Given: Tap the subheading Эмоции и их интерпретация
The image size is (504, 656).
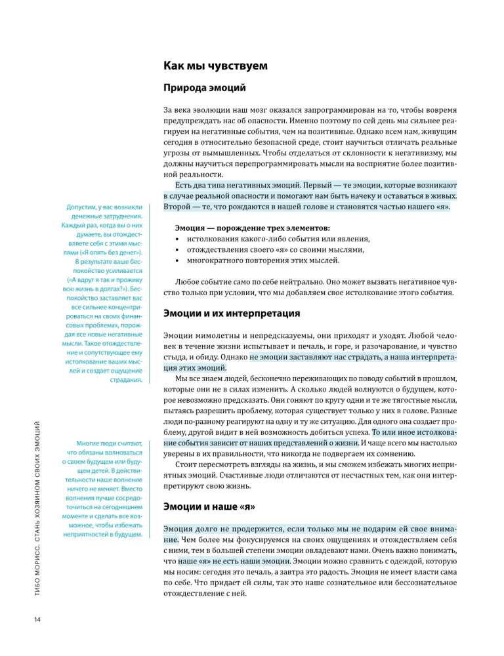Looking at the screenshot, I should [x=232, y=313].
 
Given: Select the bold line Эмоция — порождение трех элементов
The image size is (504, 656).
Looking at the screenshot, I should [x=253, y=228].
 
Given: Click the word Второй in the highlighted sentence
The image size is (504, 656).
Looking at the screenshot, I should [x=177, y=207].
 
